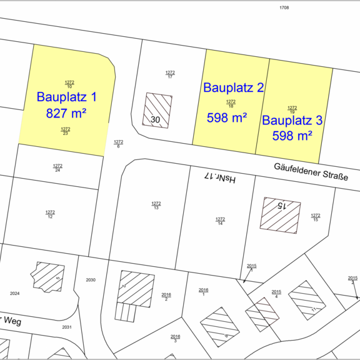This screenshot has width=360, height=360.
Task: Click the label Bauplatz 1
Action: [67, 97]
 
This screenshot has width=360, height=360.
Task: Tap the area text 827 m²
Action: [66, 113]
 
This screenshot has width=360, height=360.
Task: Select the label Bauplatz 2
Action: [233, 88]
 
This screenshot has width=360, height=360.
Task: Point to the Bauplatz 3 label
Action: [292, 120]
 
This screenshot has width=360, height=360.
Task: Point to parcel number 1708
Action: [284, 7]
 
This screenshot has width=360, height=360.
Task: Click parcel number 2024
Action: [16, 293]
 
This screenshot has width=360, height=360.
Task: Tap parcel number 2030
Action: [91, 280]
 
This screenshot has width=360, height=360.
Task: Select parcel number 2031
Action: [67, 327]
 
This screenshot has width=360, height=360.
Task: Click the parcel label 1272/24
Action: [57, 167]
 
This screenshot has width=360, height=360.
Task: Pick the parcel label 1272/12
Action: [50, 214]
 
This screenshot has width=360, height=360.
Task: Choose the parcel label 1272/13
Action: [156, 205]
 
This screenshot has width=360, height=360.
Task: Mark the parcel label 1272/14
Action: [220, 221]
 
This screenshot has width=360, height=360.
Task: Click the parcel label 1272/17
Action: [170, 74]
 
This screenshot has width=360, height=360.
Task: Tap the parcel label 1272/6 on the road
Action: [118, 143]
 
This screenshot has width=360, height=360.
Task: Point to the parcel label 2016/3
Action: [176, 338]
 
